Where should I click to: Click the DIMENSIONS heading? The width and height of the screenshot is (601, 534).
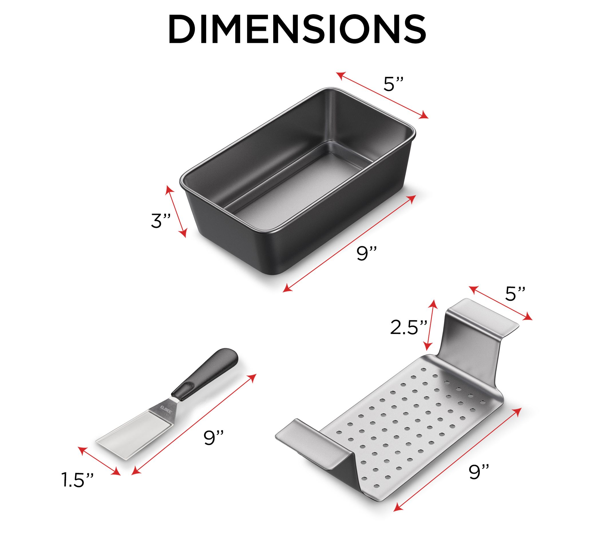click(x=297, y=29)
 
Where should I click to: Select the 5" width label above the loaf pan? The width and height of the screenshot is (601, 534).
click(x=393, y=84)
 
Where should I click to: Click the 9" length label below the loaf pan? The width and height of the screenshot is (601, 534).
click(x=367, y=253)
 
